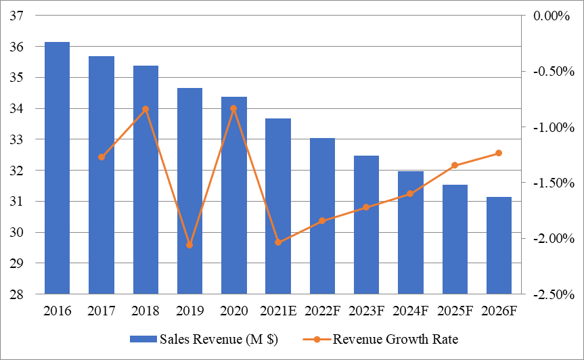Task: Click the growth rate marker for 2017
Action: pyautogui.click(x=102, y=157)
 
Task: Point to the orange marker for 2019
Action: pyautogui.click(x=189, y=245)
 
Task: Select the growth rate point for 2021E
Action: pyautogui.click(x=278, y=242)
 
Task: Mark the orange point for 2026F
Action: pyautogui.click(x=499, y=153)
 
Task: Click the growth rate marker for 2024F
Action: pyautogui.click(x=410, y=194)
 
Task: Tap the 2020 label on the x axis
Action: pyautogui.click(x=233, y=311)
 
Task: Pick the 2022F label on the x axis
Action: pyautogui.click(x=322, y=311)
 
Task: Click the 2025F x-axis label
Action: pyautogui.click(x=455, y=311)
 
